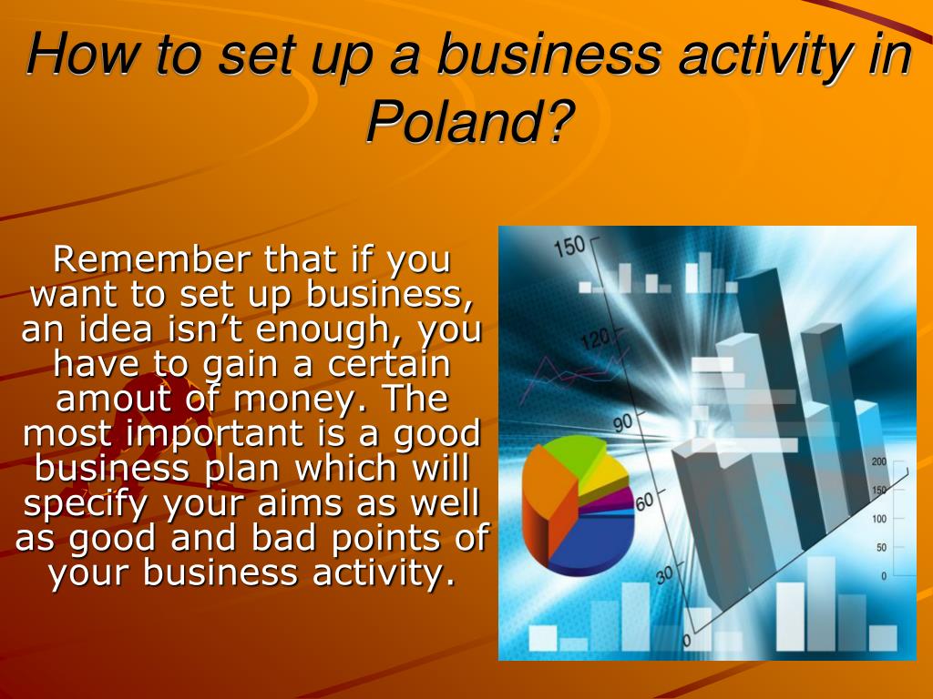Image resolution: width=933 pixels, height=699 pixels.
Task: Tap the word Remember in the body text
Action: tap(152, 258)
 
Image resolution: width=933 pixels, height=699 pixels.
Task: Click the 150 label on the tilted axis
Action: tap(570, 247)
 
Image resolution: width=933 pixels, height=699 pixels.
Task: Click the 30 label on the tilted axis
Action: tap(665, 575)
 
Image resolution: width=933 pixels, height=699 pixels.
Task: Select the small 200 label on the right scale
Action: tap(879, 461)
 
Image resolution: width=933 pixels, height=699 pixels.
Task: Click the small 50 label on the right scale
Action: tap(881, 547)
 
